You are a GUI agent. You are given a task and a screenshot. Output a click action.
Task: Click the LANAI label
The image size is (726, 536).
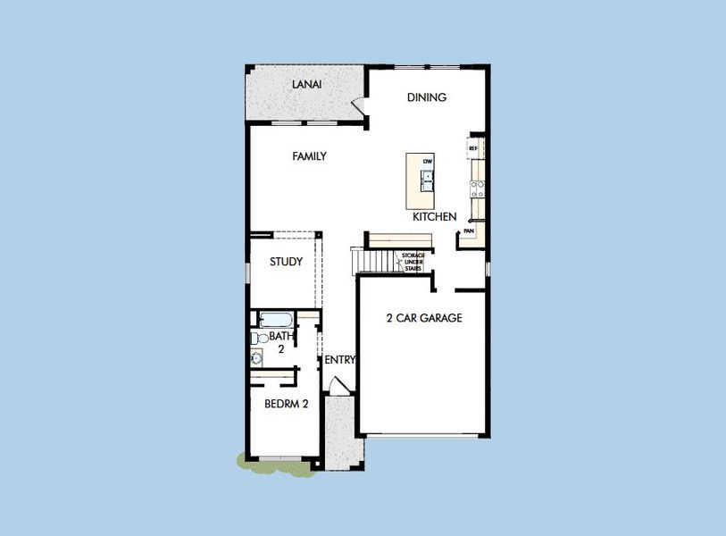coord(306,85)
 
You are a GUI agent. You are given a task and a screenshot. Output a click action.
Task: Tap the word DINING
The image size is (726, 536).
coord(426,97)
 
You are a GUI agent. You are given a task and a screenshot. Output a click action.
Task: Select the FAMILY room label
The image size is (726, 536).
coord(309,156)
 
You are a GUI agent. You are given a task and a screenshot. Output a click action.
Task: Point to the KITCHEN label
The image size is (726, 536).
coord(435,217)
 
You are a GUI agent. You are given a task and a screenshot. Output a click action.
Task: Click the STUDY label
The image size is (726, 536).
coord(286,262)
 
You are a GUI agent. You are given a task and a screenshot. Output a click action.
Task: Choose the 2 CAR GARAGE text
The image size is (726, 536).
coord(423,318)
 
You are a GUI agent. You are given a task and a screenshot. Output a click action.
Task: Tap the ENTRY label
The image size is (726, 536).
coord(339,360)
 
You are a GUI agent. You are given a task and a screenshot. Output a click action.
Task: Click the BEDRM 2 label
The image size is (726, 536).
coord(286,404)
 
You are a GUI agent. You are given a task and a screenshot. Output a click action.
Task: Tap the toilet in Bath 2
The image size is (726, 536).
coord(258,338)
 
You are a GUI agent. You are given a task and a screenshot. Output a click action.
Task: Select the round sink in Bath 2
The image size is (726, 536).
coord(257,358)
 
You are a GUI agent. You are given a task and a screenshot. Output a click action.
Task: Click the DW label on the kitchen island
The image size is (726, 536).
coord(428,161)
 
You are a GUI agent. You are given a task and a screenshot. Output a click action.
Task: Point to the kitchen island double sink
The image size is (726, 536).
coord(428,179)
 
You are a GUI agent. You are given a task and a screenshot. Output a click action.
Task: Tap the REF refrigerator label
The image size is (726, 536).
coord(473,148)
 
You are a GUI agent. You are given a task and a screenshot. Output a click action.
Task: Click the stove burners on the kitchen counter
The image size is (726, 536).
coord(478,188)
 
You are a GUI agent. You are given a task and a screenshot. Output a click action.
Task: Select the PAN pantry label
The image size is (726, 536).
coord(469,231)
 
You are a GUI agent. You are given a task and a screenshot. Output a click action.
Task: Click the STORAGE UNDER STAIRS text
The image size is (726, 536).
coord(413,261)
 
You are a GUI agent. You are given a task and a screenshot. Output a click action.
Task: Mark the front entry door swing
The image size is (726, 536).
coord(338,386)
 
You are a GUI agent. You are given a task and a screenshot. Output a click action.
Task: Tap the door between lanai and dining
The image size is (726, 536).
coord(359,105)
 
